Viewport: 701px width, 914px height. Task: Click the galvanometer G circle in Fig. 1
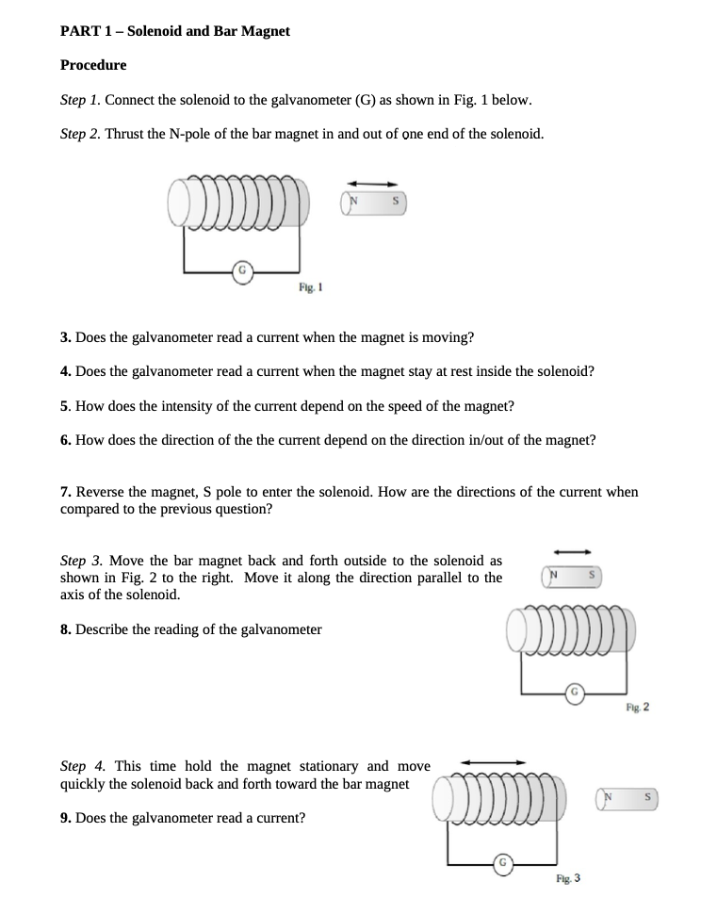(242, 270)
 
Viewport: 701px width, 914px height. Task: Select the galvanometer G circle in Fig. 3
(504, 862)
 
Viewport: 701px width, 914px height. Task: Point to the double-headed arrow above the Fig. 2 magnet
(572, 552)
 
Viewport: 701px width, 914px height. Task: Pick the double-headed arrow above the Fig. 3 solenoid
(493, 762)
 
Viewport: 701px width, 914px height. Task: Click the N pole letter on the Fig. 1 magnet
(355, 201)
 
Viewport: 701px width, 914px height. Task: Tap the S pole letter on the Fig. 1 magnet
(397, 201)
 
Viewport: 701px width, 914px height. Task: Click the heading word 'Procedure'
(93, 65)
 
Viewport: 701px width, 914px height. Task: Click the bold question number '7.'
(66, 492)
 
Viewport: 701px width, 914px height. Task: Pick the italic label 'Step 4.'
(83, 766)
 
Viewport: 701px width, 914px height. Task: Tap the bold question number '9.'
(66, 818)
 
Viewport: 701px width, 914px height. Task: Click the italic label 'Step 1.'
(79, 100)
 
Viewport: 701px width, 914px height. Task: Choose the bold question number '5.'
(66, 406)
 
